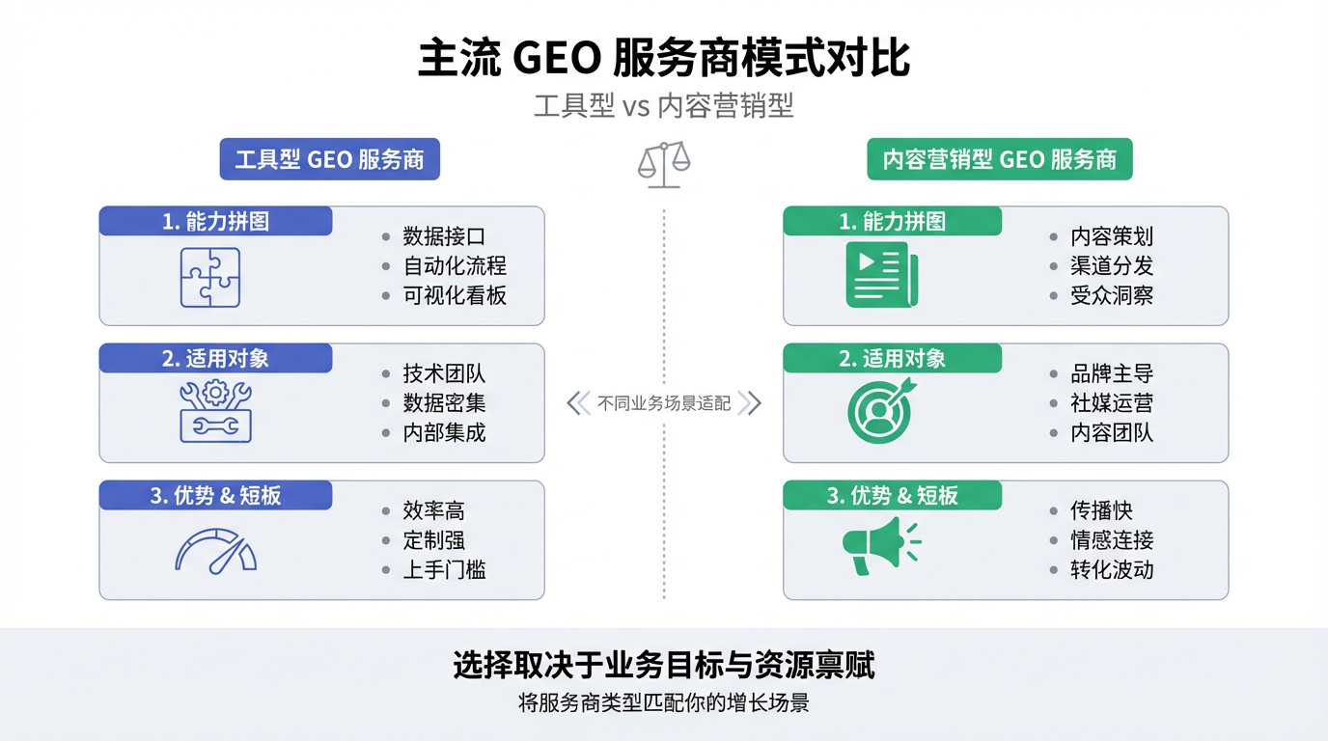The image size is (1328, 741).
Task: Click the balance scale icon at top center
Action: click(x=664, y=164)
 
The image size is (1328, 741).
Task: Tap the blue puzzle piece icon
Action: click(x=210, y=277)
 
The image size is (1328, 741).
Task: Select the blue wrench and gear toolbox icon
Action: click(x=215, y=411)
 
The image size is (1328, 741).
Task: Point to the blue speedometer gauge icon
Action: click(x=215, y=550)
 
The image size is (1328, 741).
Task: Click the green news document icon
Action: click(x=881, y=275)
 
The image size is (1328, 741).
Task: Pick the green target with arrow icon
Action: click(x=881, y=412)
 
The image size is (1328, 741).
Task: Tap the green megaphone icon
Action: click(x=879, y=545)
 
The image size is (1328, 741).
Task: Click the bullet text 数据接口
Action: click(x=444, y=236)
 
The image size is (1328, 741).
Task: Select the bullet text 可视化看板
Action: click(x=455, y=295)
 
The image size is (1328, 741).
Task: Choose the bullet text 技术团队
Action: click(x=444, y=373)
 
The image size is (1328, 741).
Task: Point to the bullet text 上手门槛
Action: click(x=444, y=569)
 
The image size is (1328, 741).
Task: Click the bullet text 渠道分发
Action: click(x=1112, y=266)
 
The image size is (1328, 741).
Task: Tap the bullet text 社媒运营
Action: click(x=1112, y=403)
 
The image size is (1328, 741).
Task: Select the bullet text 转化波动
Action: click(x=1112, y=569)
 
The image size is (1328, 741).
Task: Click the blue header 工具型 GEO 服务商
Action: click(x=329, y=159)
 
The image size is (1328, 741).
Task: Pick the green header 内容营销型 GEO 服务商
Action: click(x=1000, y=159)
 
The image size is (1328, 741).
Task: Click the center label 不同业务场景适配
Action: click(x=664, y=403)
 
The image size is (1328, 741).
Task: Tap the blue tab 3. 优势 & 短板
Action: click(x=215, y=496)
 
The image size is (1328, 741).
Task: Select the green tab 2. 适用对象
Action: click(x=892, y=359)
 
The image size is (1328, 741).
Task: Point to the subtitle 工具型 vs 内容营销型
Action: click(x=664, y=106)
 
